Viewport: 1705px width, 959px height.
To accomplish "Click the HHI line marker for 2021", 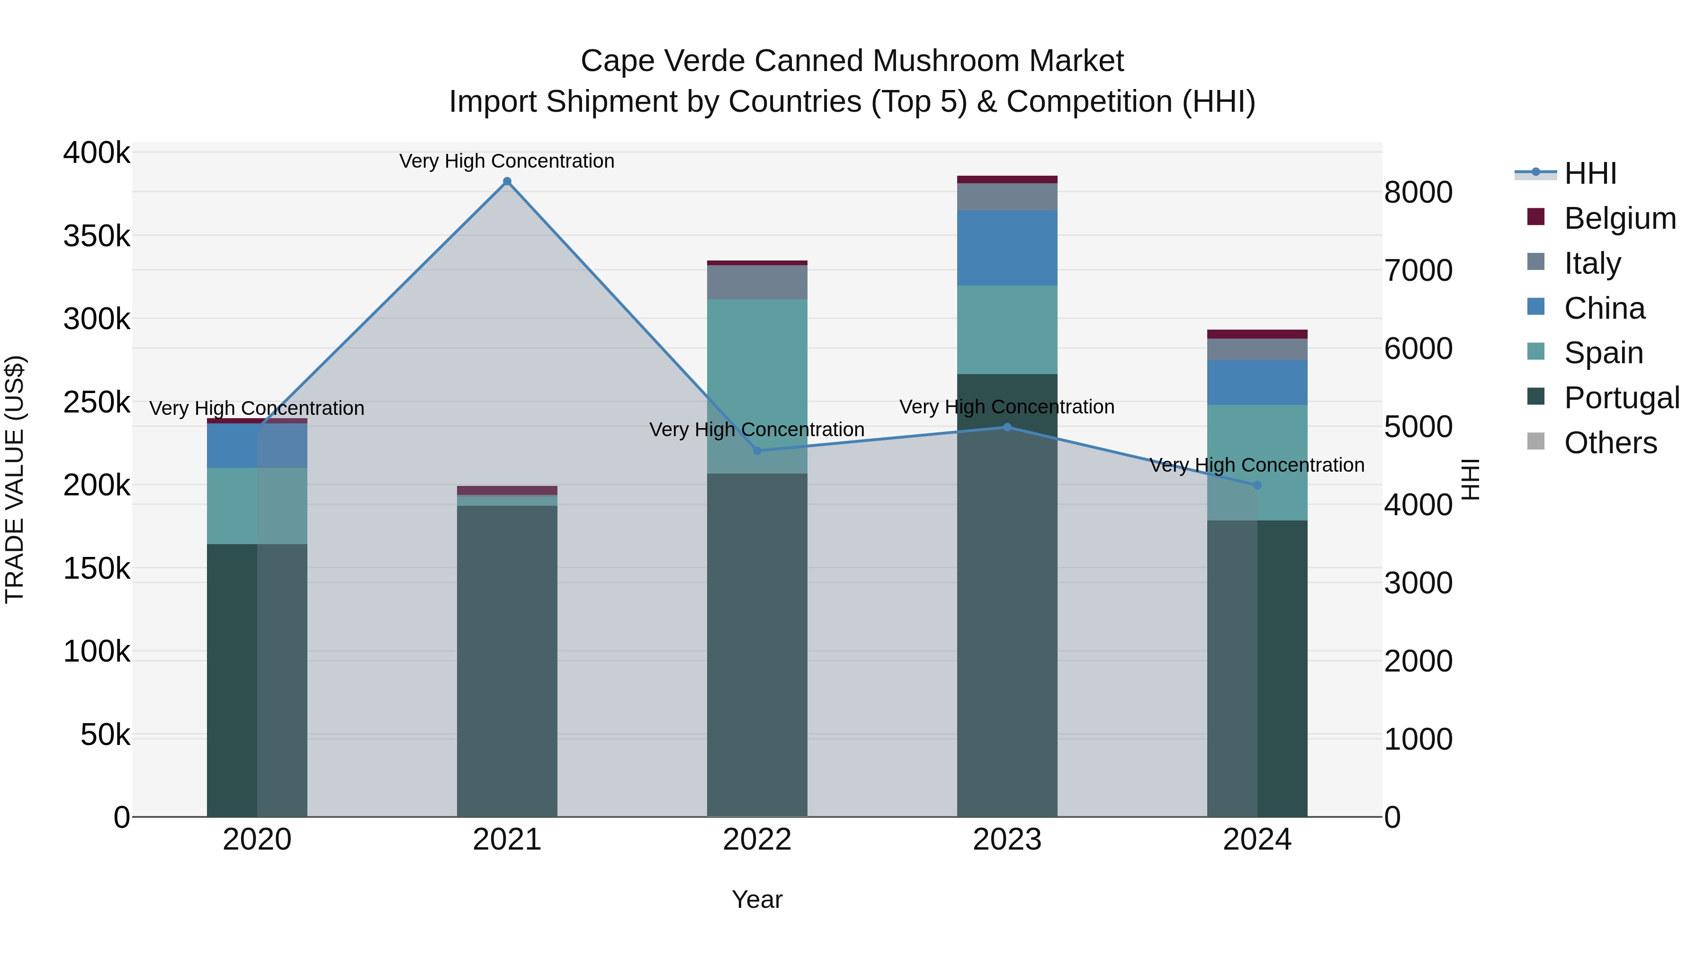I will point(507,181).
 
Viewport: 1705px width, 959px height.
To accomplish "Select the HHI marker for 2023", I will point(1007,427).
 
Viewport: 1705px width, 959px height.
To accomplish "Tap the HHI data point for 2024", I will point(1257,485).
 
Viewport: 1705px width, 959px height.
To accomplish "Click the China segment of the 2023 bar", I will point(1007,248).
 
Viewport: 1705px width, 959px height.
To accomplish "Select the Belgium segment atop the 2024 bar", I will point(1257,334).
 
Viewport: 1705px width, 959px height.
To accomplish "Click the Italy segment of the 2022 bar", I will point(757,282).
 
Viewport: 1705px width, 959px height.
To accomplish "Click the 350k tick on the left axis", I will point(97,236).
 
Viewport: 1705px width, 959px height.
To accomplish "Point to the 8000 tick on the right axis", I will point(1418,193).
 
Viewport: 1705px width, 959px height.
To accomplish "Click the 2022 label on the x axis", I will point(757,840).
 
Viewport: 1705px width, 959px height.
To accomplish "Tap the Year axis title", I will point(757,899).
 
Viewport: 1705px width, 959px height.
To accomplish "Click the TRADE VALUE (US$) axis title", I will point(15,479).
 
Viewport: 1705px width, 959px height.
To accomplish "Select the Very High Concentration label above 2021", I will point(507,161).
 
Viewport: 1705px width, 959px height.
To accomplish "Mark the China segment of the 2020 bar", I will point(257,446).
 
